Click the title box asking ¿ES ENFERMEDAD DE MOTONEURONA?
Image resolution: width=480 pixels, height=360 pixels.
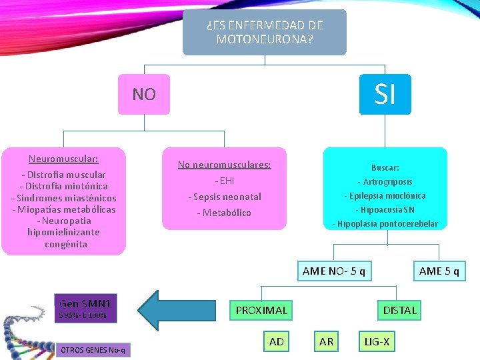[x=265, y=32]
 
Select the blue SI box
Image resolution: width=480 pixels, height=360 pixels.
[x=385, y=94]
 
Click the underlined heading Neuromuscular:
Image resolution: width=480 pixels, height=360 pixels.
[x=63, y=159]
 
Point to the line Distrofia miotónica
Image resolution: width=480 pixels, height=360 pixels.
[x=63, y=186]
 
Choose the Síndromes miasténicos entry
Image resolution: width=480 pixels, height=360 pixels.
[x=63, y=198]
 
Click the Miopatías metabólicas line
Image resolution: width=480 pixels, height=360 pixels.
[x=63, y=209]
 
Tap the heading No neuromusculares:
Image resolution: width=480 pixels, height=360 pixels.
[x=224, y=165]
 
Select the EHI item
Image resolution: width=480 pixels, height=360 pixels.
[x=224, y=181]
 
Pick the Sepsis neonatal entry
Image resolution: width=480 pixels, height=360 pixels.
[x=224, y=197]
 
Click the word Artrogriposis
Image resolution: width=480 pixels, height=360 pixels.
[x=385, y=181]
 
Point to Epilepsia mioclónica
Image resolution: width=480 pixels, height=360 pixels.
[x=385, y=195]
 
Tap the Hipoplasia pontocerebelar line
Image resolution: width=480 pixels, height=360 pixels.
[x=385, y=223]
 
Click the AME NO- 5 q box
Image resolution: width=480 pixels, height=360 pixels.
[x=333, y=271]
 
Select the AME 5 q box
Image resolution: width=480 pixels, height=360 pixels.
[x=439, y=271]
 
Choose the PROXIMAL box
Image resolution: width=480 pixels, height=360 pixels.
[x=261, y=310]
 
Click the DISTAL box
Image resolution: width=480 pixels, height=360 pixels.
[x=399, y=310]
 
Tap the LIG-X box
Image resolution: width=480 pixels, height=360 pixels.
[x=377, y=342]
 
